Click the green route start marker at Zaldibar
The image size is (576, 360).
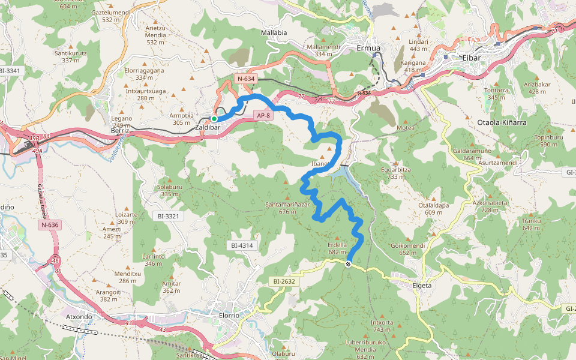214,119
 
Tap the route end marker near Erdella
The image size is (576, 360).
349,263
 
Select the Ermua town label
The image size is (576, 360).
369,48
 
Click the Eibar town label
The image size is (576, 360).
472,57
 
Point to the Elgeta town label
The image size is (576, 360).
422,286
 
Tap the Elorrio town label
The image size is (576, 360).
229,315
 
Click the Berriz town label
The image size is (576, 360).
121,130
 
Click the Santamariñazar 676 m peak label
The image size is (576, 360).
287,208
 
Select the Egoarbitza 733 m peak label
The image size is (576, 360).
396,173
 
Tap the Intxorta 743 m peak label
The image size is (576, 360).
382,326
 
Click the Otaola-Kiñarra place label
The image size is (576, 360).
501,122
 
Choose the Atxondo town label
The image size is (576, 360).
79,316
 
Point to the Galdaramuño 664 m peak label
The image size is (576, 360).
472,154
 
